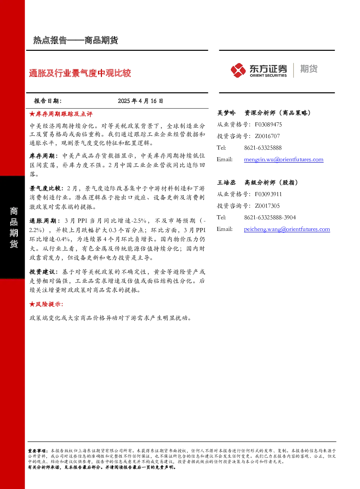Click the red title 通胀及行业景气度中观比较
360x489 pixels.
(80, 73)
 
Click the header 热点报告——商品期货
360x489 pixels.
(75, 40)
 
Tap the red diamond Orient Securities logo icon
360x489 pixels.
(238, 70)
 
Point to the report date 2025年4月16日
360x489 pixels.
(140, 101)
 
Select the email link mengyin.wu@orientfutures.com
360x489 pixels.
(284, 159)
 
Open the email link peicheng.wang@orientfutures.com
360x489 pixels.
(287, 229)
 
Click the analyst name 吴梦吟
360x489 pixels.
(226, 113)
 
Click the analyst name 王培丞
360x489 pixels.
(226, 182)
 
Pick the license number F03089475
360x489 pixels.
(268, 125)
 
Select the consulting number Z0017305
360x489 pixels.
(267, 205)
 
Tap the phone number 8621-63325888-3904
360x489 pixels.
(270, 217)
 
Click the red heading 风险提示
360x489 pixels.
(46, 304)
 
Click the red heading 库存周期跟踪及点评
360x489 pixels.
(61, 114)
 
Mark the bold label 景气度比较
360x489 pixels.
(45, 188)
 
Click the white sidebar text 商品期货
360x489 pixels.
(14, 228)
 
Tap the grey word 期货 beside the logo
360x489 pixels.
(309, 69)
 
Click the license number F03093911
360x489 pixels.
(268, 194)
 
